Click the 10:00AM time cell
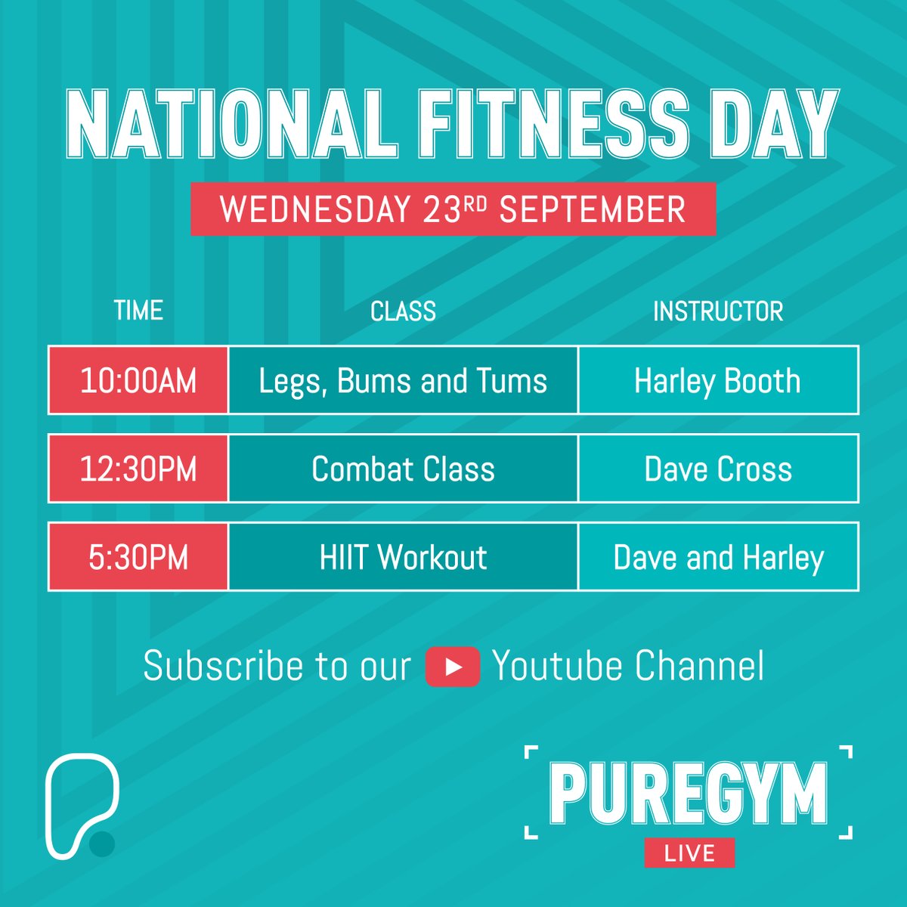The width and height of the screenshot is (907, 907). (x=138, y=380)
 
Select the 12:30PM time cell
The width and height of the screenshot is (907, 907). (x=138, y=469)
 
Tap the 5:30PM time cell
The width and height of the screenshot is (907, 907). (x=138, y=557)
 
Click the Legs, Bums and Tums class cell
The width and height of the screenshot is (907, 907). (x=403, y=380)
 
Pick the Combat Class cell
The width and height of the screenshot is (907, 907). (x=403, y=469)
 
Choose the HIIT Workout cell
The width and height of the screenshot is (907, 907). (x=403, y=557)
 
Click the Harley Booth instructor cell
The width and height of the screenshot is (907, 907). (x=718, y=380)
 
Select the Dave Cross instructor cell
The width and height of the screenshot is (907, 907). (x=718, y=469)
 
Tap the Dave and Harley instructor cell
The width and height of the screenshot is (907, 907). (x=718, y=557)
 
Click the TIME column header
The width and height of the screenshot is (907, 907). (x=138, y=311)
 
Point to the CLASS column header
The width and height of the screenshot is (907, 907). (x=403, y=311)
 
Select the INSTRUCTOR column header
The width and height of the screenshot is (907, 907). (x=718, y=311)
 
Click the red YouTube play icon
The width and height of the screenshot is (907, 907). (x=453, y=667)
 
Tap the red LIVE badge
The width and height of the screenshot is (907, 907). (x=689, y=853)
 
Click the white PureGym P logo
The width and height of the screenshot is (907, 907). (x=79, y=805)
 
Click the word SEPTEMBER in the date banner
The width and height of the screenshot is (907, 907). (x=593, y=209)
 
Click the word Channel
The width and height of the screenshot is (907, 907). (x=699, y=666)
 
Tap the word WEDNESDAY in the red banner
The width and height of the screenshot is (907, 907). (x=315, y=209)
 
